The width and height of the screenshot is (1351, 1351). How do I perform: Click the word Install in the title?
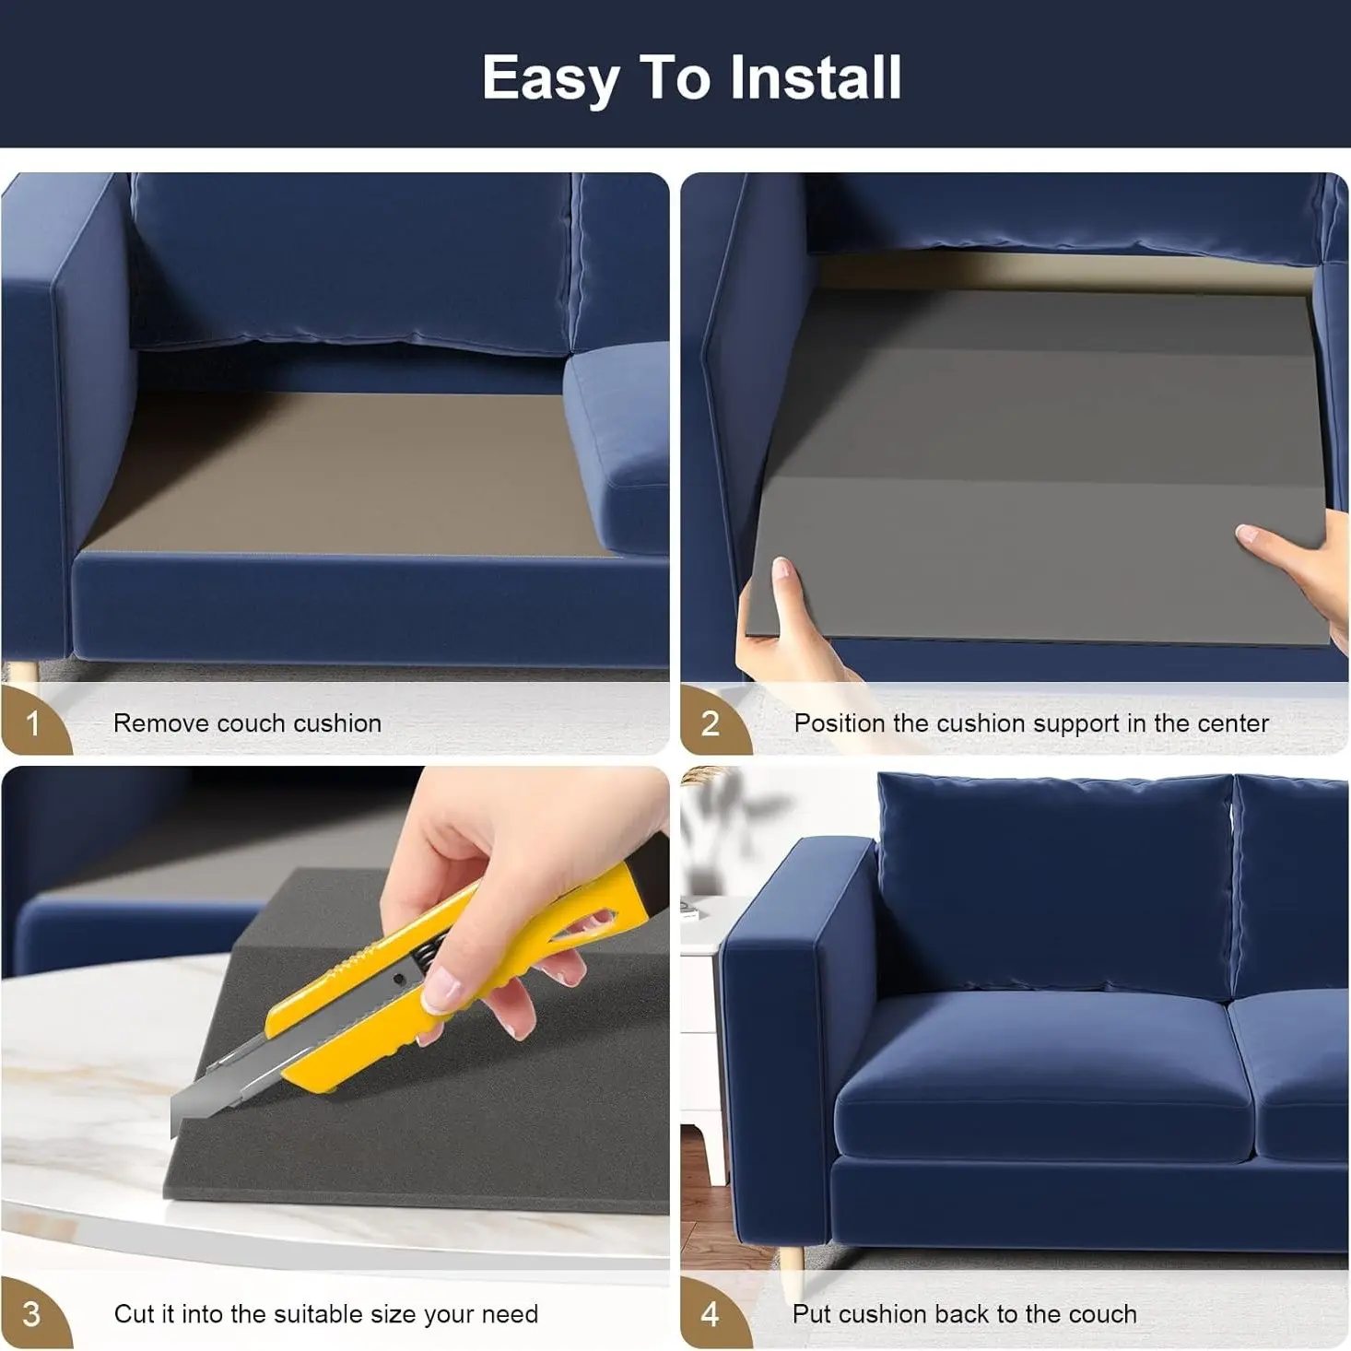(816, 77)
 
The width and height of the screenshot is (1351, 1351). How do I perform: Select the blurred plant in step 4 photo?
(729, 820)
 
